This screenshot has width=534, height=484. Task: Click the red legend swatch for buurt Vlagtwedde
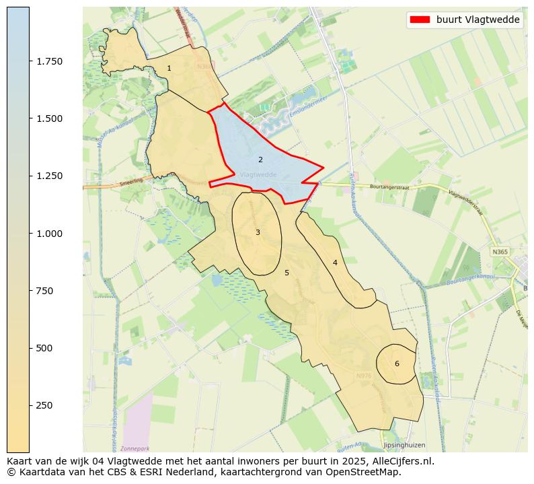[420, 20]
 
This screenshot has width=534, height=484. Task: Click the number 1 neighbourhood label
[169, 68]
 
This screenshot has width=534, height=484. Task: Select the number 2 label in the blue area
[260, 160]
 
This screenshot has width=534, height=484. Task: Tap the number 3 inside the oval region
[258, 232]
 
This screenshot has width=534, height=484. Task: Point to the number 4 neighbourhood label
[335, 262]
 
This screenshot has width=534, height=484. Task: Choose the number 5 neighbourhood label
[287, 273]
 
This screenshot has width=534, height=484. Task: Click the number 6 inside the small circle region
[397, 364]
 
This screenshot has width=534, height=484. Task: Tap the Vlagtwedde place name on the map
[258, 174]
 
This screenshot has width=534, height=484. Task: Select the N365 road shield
[499, 252]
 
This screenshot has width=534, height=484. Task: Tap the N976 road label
[364, 376]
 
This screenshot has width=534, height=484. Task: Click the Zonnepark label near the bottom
[135, 448]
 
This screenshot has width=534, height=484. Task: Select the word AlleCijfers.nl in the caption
[398, 462]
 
